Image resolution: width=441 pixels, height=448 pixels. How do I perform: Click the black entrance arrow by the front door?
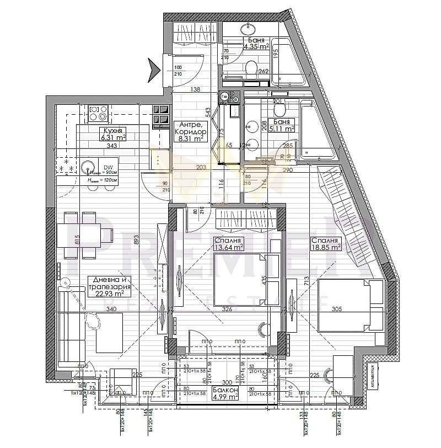(153, 69)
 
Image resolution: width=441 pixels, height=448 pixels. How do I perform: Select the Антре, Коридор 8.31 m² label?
(190, 132)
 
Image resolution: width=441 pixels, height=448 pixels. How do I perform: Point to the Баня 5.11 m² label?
(281, 125)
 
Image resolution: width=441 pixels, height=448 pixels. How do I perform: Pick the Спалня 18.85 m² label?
(325, 244)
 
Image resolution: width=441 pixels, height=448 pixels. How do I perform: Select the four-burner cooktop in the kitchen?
(98, 114)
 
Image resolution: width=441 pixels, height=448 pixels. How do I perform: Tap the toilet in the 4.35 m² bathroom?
(251, 70)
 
